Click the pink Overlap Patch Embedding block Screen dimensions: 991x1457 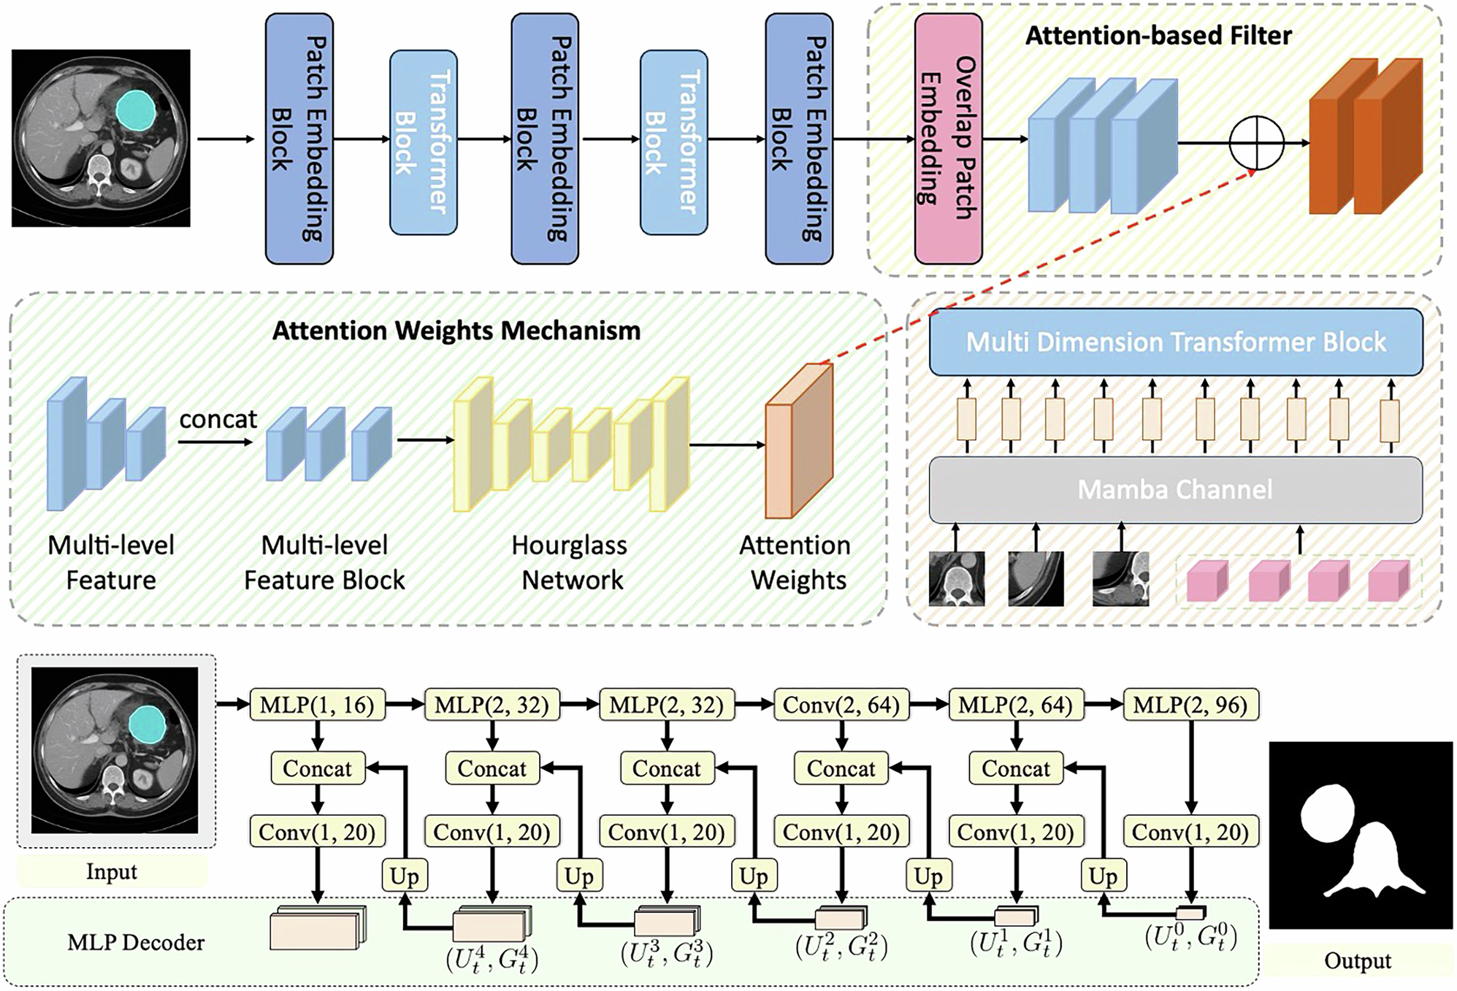click(x=947, y=139)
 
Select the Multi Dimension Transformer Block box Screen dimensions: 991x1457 click(x=1175, y=342)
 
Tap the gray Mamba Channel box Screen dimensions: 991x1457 click(x=1175, y=489)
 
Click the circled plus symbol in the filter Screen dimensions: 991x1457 click(x=1255, y=142)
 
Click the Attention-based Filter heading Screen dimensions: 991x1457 click(x=1158, y=35)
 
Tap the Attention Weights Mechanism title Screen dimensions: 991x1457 click(x=456, y=331)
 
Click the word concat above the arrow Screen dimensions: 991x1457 click(x=218, y=419)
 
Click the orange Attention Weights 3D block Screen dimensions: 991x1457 click(x=798, y=442)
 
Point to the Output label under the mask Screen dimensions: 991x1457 click(x=1357, y=960)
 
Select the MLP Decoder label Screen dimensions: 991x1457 click(x=136, y=942)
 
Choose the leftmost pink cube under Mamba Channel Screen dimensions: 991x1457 click(x=1206, y=581)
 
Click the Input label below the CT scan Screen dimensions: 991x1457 click(x=111, y=871)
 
